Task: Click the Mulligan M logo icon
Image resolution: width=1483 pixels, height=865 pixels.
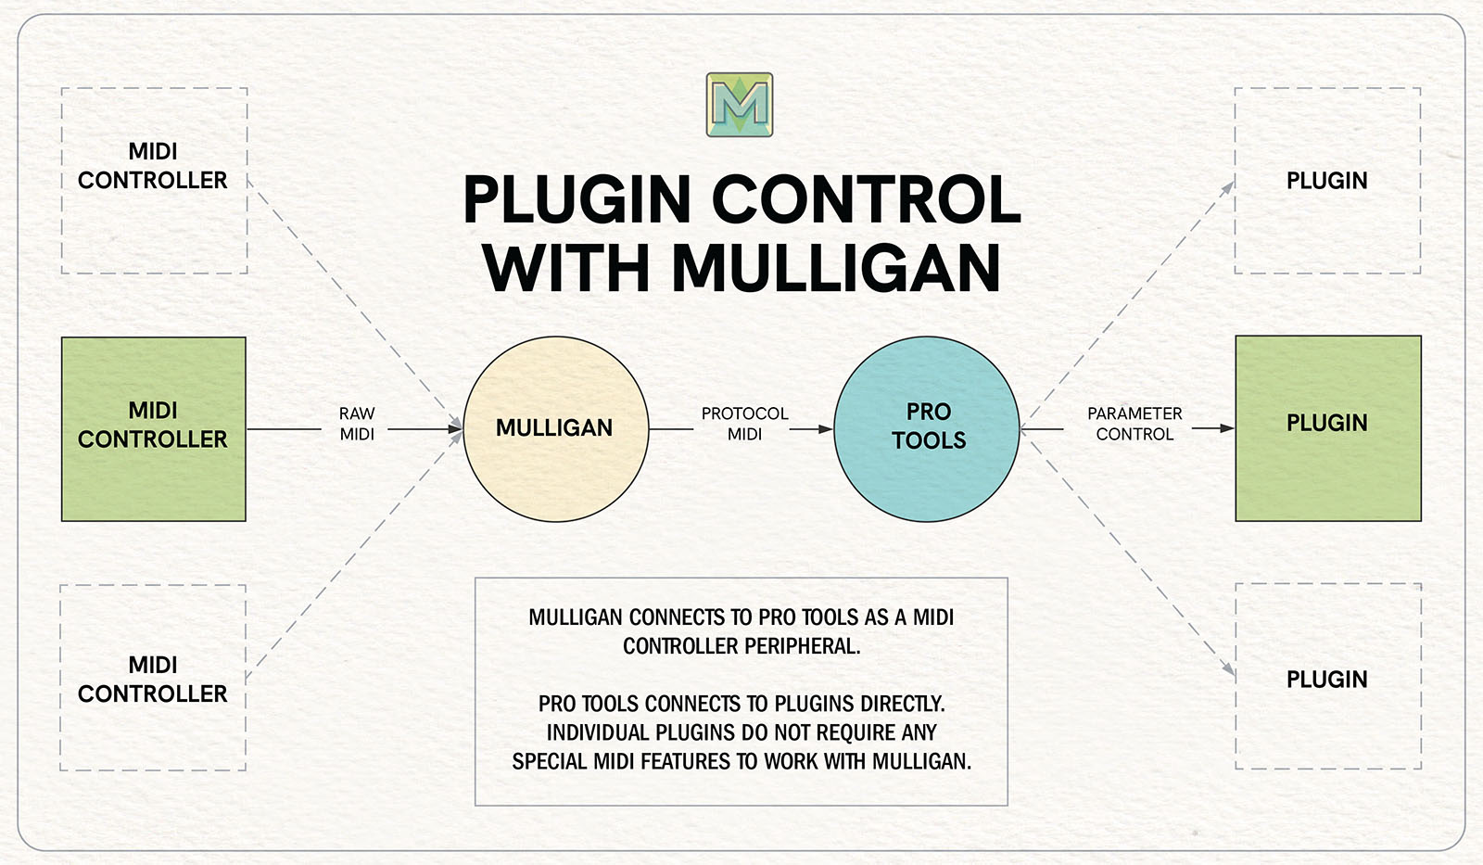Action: pyautogui.click(x=740, y=105)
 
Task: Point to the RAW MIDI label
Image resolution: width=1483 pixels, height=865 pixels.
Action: pyautogui.click(x=357, y=424)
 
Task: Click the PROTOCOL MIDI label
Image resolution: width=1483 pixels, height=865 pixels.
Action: pyautogui.click(x=744, y=424)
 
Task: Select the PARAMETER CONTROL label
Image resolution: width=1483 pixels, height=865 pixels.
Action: pyautogui.click(x=1134, y=424)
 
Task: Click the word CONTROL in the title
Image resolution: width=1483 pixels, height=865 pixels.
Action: pyautogui.click(x=866, y=200)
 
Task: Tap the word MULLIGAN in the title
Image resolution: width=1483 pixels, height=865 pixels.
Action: pyautogui.click(x=836, y=269)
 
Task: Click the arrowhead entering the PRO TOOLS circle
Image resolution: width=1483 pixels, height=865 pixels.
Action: pyautogui.click(x=825, y=429)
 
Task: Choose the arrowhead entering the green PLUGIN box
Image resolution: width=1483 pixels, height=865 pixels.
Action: pyautogui.click(x=1226, y=428)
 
